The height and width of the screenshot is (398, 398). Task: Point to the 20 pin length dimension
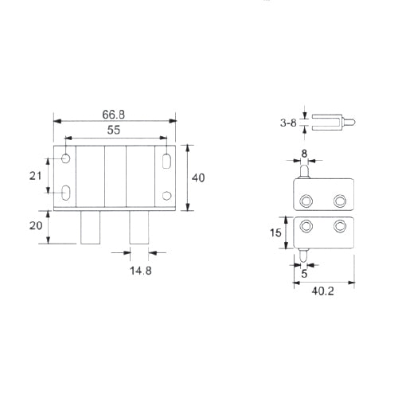[36, 225]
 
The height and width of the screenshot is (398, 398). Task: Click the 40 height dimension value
[198, 178]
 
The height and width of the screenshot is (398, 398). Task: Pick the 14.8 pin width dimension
[139, 271]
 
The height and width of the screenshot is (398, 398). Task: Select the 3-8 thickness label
[287, 123]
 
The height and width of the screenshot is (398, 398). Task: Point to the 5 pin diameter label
[304, 273]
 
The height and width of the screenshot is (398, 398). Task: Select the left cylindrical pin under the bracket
[91, 228]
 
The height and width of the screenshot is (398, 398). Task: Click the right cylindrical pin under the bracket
[140, 228]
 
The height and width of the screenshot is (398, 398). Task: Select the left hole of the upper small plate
[306, 200]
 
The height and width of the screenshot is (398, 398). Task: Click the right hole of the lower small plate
[341, 227]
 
